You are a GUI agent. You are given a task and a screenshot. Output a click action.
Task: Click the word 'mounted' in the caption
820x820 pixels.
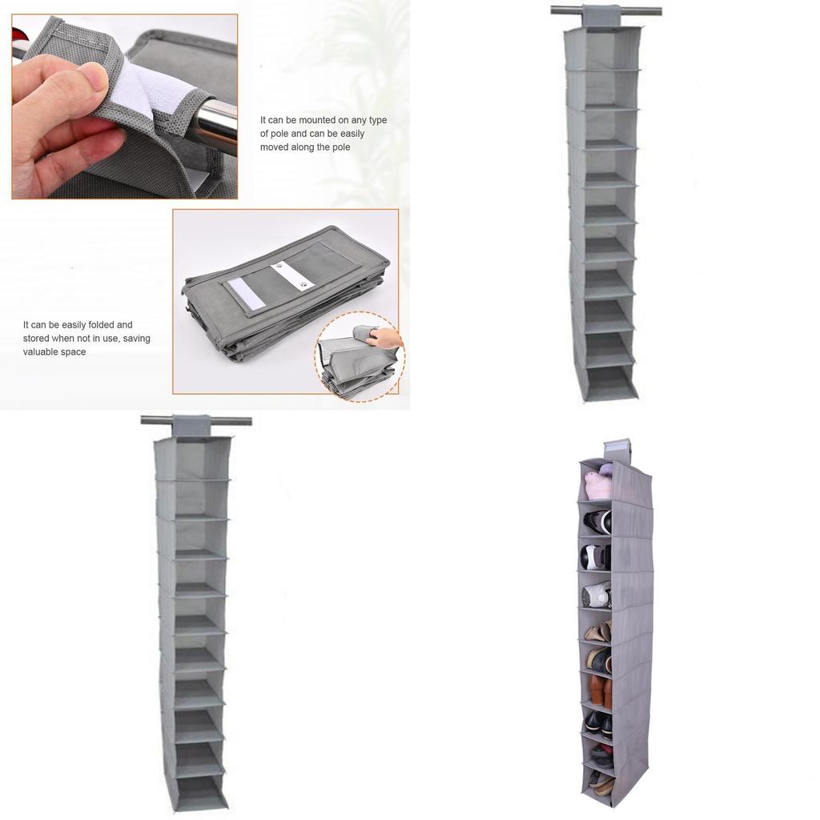coord(317,120)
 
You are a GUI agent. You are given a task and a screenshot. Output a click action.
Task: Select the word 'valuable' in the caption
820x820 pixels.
coord(42,352)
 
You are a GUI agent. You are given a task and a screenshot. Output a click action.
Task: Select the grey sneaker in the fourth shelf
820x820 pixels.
coord(597,594)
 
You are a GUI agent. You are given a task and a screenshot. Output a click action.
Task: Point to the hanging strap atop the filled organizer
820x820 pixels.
coord(617,445)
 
